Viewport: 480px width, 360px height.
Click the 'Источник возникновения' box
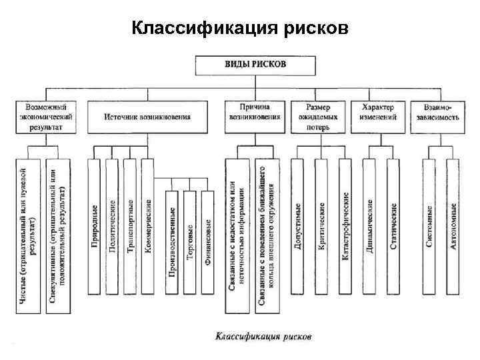pyautogui.click(x=147, y=116)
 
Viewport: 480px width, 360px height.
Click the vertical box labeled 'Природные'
pyautogui.click(x=94, y=227)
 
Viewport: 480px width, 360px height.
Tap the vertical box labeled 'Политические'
pyautogui.click(x=112, y=227)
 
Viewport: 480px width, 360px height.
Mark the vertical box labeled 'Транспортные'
pyautogui.click(x=130, y=227)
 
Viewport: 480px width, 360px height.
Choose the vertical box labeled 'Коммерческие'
pyautogui.click(x=148, y=227)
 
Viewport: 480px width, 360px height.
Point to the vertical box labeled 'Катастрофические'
pyautogui.click(x=345, y=227)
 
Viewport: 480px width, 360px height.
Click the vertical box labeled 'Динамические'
pyautogui.click(x=371, y=227)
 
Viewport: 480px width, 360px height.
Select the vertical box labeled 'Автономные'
pyautogui.click(x=453, y=227)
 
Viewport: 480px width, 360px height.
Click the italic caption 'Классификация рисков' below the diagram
pyautogui.click(x=263, y=337)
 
